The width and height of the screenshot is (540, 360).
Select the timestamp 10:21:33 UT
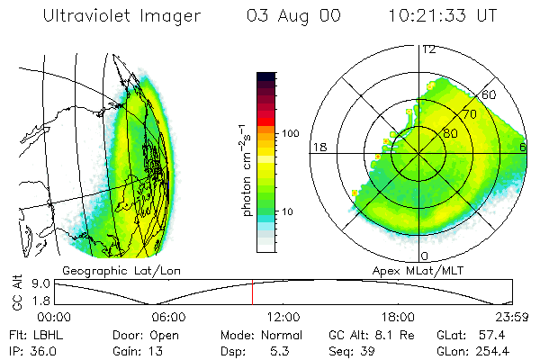pos(444,16)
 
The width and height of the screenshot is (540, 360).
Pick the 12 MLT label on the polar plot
pos(429,49)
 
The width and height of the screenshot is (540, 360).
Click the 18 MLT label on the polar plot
pos(319,147)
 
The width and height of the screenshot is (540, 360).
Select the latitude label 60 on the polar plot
pos(490,94)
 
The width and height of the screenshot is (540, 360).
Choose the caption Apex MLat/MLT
pos(416,270)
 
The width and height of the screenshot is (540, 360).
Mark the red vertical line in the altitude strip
pos(252,292)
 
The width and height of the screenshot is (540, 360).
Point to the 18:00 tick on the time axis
pos(398,317)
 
